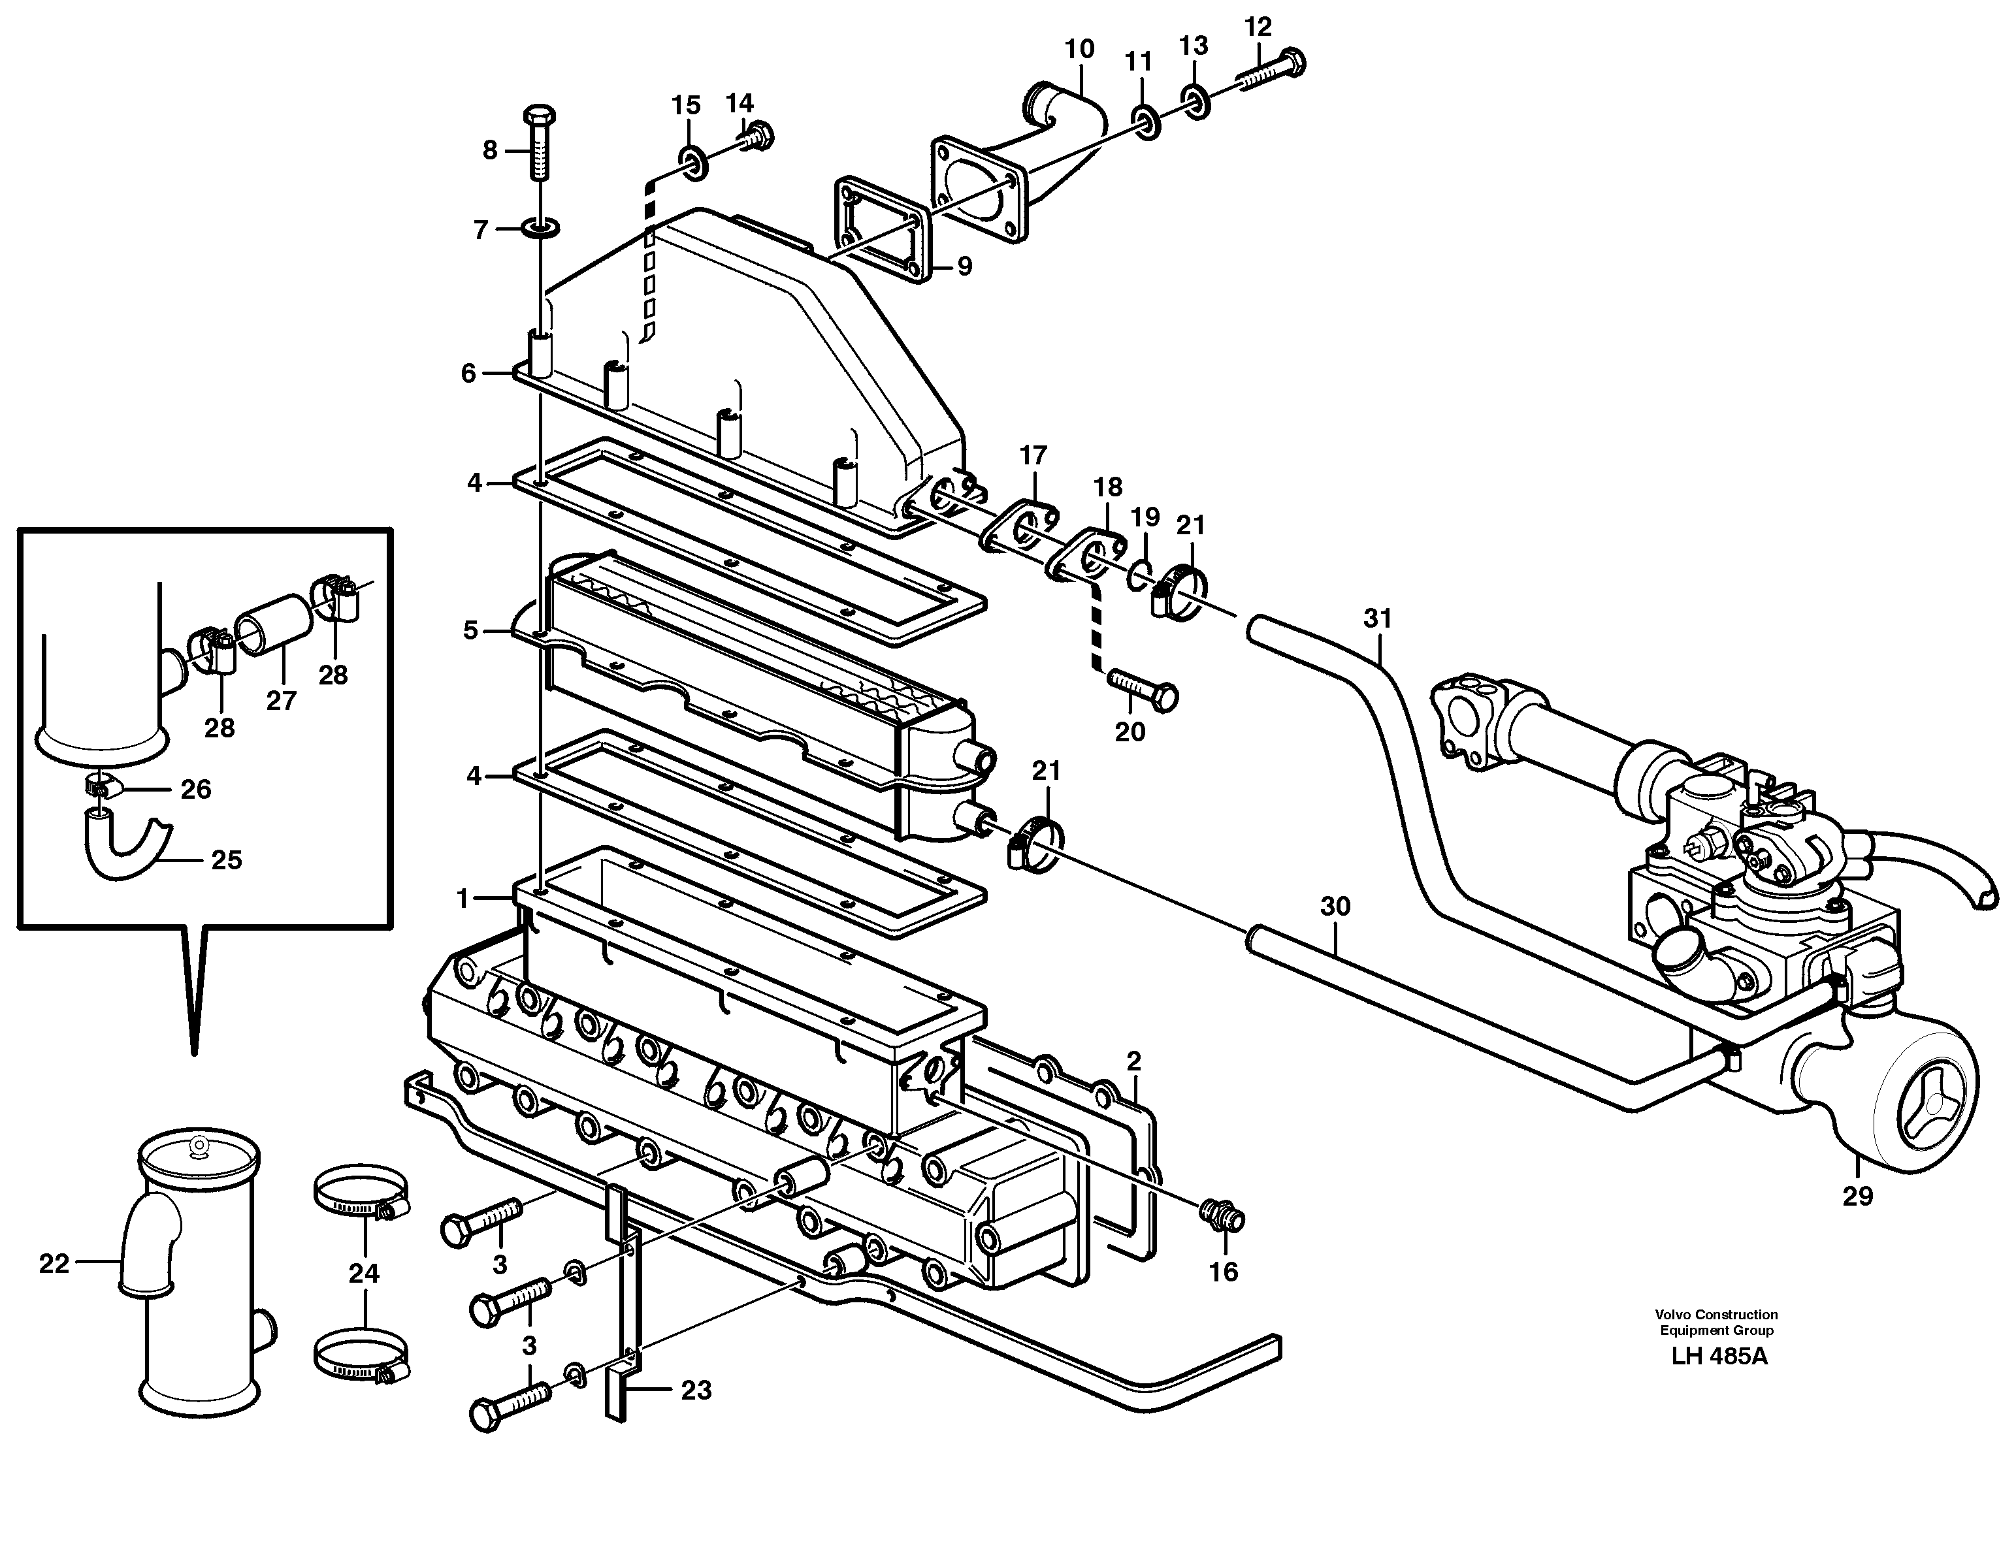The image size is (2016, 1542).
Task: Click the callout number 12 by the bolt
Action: [1258, 27]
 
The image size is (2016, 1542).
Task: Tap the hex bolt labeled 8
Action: [538, 147]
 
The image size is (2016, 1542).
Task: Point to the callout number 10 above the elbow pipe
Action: [1080, 48]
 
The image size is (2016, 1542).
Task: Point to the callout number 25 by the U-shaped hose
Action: [226, 860]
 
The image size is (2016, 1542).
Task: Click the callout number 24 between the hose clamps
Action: [363, 1273]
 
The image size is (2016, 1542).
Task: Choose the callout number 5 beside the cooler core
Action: [471, 630]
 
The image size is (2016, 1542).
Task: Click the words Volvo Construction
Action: [1715, 1314]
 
